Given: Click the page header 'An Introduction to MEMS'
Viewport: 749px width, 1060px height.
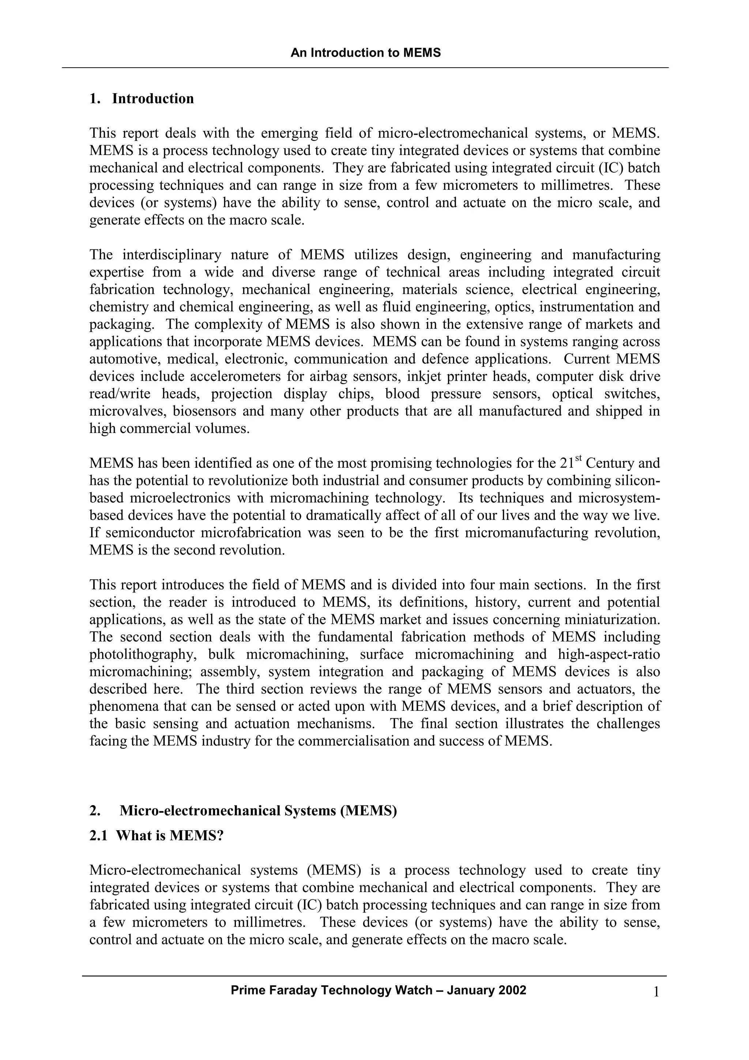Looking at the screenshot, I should pyautogui.click(x=365, y=53).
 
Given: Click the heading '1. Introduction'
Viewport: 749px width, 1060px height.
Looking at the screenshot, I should pyautogui.click(x=142, y=99).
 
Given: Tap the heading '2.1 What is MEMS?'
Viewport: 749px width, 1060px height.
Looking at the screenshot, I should pyautogui.click(x=157, y=836).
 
